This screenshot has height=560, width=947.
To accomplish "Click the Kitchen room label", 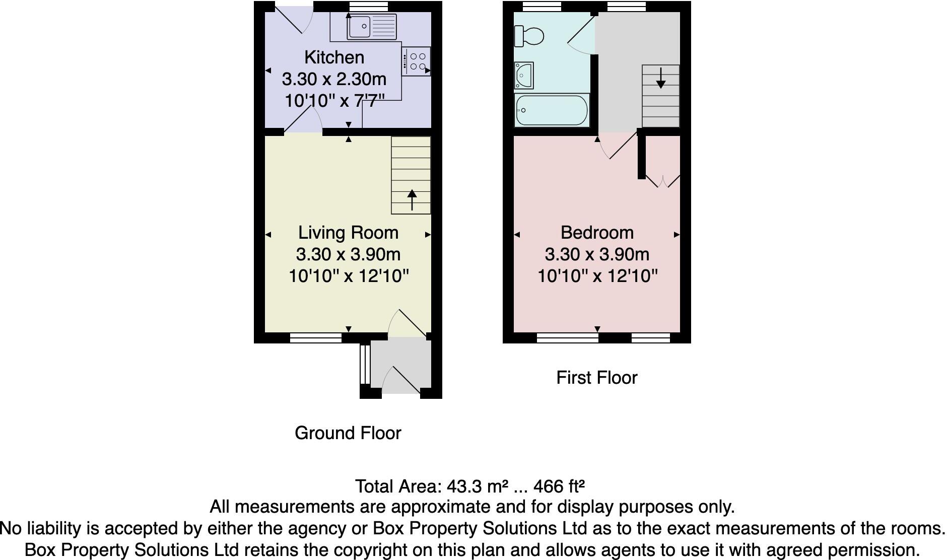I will (334, 57).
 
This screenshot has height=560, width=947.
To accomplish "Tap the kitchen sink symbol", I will (372, 26).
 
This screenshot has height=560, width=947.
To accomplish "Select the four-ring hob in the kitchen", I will (416, 61).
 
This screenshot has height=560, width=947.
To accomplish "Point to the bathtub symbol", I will (552, 110).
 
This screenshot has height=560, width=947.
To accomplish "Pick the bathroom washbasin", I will (523, 76).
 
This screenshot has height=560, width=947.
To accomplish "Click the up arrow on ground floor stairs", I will (412, 199).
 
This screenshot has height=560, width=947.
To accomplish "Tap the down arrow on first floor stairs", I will (660, 80).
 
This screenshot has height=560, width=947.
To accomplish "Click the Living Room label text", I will (348, 233).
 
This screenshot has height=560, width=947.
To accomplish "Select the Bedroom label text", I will (597, 233).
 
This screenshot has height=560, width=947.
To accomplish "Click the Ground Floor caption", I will (348, 433).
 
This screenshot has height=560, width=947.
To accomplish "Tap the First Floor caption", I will (596, 378).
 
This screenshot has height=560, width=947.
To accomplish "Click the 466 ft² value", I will (559, 486).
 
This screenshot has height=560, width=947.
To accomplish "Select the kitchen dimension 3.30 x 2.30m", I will (334, 79).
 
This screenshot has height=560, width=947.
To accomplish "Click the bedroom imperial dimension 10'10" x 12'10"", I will (597, 276).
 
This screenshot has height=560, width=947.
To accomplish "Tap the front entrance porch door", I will (401, 381).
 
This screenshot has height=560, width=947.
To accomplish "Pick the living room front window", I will (316, 337).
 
